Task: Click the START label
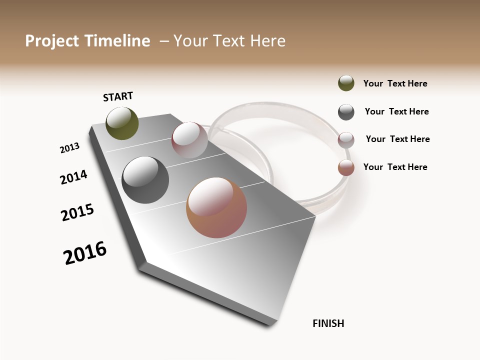118,96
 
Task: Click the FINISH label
328,323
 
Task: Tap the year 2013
69,148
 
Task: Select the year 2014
73,177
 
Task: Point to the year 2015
77,212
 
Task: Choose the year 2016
85,253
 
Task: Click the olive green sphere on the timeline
122,123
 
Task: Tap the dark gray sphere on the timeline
145,180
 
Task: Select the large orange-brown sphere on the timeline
216,207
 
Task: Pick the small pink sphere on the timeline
189,140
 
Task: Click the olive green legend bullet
346,83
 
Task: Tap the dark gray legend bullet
346,112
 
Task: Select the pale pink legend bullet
346,140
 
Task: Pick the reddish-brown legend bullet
346,167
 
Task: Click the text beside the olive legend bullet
395,84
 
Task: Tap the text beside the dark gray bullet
396,111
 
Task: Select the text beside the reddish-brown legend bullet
395,167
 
